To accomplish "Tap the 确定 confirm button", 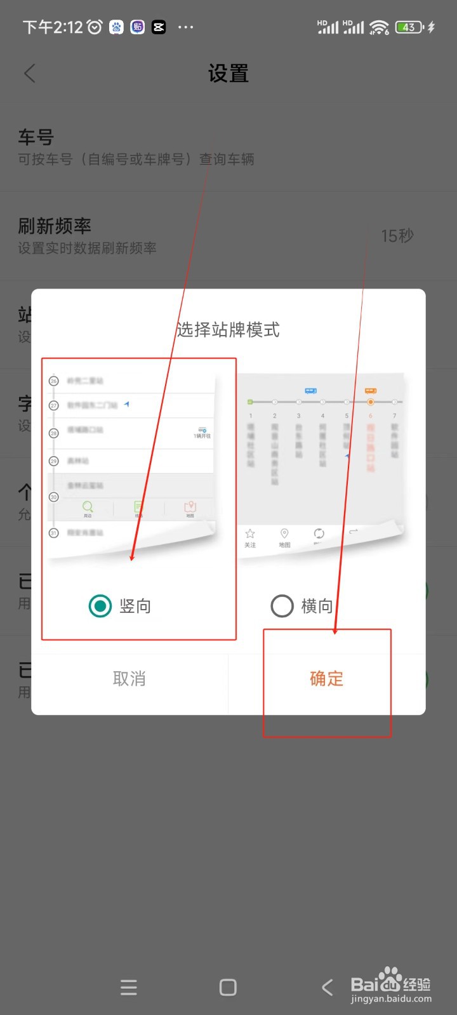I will tap(326, 679).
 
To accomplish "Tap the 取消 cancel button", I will tap(129, 679).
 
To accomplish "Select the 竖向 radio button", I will tap(100, 606).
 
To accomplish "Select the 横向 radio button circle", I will tap(282, 606).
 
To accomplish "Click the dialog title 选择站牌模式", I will tap(228, 330).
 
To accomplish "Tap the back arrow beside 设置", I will tap(30, 74).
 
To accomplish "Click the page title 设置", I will tap(228, 74).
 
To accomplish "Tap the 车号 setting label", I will tap(36, 137).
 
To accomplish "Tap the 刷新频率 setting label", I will tap(55, 226).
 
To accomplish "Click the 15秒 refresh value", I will tap(397, 236).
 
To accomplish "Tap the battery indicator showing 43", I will tap(409, 27).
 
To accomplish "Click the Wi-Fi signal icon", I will tap(379, 27).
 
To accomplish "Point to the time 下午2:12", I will tap(53, 27).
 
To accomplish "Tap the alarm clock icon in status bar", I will tap(95, 27).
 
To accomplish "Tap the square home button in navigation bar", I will tap(228, 987).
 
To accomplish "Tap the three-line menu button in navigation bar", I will tap(129, 987).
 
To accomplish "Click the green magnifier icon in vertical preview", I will tap(88, 506).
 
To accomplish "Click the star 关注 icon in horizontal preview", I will tap(250, 534).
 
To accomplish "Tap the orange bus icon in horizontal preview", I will tap(371, 391).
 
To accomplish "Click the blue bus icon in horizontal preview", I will tap(310, 391).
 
